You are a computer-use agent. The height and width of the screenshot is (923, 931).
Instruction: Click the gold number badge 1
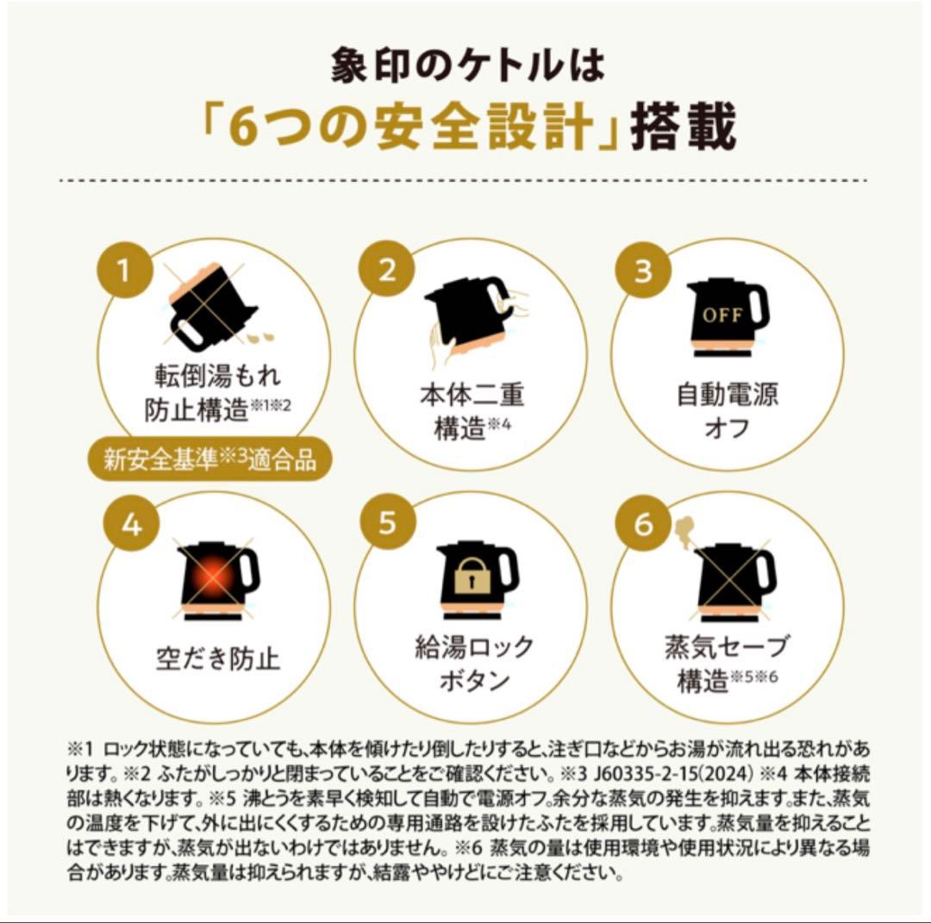(x=124, y=270)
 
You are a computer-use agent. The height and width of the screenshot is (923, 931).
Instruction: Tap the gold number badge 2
(x=386, y=269)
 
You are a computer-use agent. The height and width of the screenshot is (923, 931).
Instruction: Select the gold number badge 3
(x=644, y=270)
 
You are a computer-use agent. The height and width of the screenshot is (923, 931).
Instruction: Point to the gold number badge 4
(x=132, y=524)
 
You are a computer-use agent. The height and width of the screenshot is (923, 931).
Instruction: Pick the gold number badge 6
(x=644, y=524)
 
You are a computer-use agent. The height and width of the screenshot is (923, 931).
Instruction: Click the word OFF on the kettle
(x=722, y=315)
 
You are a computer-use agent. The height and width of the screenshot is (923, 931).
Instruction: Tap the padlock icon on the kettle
(x=472, y=577)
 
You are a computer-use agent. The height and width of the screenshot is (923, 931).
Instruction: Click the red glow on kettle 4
(x=215, y=577)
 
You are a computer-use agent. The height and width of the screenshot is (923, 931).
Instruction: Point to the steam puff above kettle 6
(x=685, y=531)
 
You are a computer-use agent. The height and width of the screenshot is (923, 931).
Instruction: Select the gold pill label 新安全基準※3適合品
(x=209, y=458)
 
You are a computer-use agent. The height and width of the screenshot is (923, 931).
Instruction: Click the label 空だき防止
(x=217, y=658)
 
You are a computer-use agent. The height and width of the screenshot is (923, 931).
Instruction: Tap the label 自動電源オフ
(x=727, y=410)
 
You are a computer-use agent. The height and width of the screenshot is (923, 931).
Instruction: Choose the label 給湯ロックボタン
(x=474, y=663)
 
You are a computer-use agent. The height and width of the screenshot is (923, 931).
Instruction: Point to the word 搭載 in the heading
(x=684, y=127)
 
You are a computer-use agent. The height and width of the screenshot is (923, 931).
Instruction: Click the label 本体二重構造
(x=472, y=411)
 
